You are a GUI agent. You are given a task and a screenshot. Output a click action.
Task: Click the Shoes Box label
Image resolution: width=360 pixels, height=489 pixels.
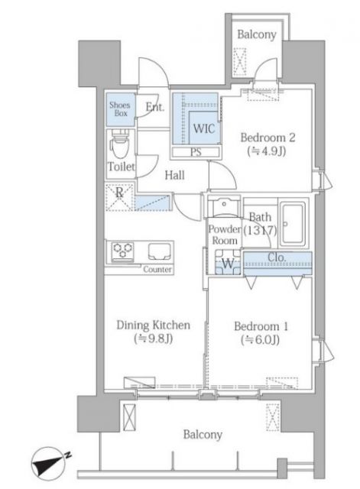119,109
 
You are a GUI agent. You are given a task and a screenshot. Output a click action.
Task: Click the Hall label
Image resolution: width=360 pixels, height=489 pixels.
175,176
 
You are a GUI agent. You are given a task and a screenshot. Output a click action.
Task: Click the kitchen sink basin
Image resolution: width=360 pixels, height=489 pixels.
159,251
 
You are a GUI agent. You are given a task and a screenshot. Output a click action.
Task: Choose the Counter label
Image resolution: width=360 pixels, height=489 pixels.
157,270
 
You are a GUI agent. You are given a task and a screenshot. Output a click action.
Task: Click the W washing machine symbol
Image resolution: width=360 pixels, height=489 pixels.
227,264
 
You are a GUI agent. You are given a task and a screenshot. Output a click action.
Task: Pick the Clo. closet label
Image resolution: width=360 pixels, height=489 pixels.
276,257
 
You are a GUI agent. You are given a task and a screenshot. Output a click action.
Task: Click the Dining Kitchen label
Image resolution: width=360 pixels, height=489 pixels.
153,331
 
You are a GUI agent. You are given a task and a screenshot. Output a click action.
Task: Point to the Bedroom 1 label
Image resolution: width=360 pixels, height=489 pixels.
261,331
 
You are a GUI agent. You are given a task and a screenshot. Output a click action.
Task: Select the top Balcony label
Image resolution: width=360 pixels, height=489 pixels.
256,34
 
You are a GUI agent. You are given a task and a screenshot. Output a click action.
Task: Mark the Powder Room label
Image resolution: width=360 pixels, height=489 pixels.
225,235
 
